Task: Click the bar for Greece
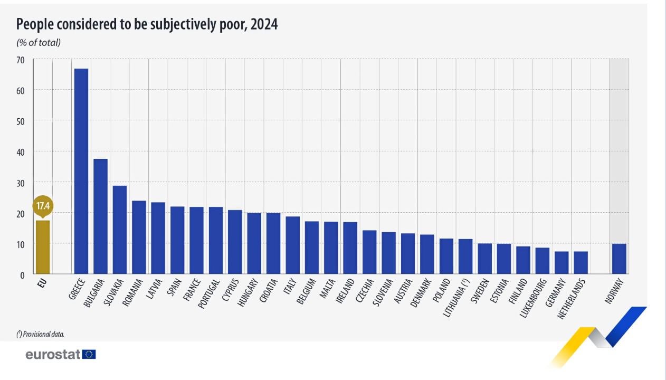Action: [x=81, y=171]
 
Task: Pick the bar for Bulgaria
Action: [x=100, y=216]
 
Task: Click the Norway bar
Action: [x=619, y=259]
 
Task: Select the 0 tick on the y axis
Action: [x=22, y=275]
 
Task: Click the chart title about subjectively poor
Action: [x=147, y=24]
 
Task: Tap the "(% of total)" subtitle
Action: [x=39, y=43]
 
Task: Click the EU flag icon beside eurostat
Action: [x=89, y=355]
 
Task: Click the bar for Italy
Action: [x=292, y=245]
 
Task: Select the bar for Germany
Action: [x=562, y=263]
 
